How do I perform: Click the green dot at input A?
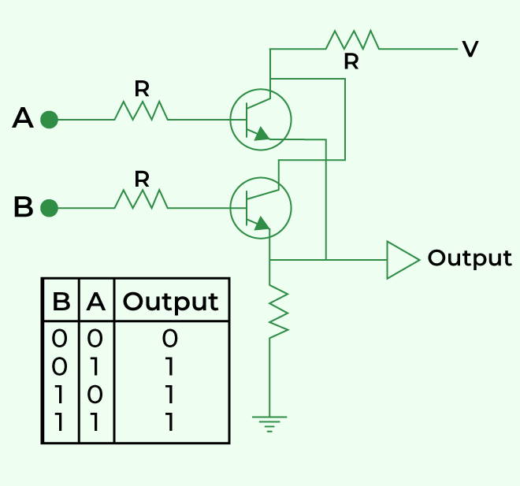point(49,120)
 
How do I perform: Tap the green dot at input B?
point(49,208)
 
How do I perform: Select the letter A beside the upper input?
point(23,117)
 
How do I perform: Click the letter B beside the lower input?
point(24,206)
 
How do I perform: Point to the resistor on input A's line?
point(141,111)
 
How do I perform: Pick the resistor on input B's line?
point(141,199)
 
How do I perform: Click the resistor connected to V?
point(352,40)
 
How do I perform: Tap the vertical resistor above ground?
point(279,311)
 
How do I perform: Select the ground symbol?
point(269,424)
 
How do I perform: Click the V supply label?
point(470,49)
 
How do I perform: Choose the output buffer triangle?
point(403,260)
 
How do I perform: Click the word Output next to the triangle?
point(470,258)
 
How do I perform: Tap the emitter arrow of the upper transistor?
point(262,134)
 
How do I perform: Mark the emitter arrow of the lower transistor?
point(262,223)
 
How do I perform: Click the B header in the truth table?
point(61,302)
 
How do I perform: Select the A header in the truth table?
point(96,302)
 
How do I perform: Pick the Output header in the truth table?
point(170,302)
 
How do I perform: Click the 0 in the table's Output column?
point(170,339)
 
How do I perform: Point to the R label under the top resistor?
point(351,61)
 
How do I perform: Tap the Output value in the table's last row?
point(170,422)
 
